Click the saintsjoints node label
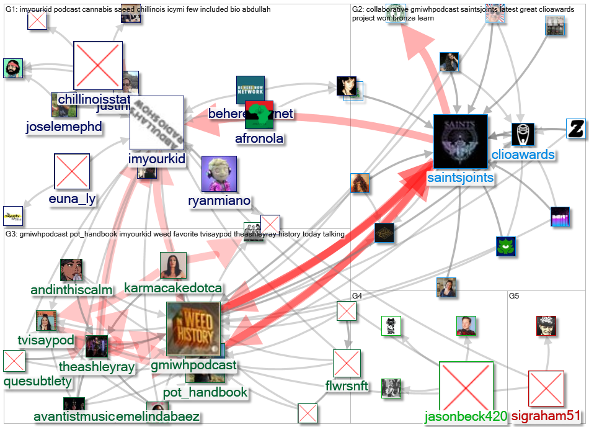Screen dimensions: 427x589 click(x=460, y=178)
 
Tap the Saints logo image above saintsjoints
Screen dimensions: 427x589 click(x=460, y=142)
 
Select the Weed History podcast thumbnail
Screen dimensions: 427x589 click(x=193, y=328)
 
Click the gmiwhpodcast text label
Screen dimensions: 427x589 click(x=193, y=365)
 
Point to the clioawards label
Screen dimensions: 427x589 click(x=523, y=155)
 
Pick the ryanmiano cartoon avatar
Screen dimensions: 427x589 click(x=219, y=173)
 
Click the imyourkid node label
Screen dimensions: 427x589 click(x=156, y=160)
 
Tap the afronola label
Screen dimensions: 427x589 click(x=259, y=138)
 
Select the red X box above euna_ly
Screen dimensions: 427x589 click(x=72, y=171)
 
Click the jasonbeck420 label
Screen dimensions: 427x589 click(x=466, y=416)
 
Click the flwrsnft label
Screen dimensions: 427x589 click(x=346, y=387)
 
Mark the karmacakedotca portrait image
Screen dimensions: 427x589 click(x=173, y=265)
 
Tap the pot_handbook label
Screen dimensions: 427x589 click(x=205, y=392)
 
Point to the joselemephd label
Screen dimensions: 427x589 click(x=64, y=127)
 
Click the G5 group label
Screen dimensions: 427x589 click(x=514, y=296)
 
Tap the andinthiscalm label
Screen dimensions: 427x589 click(x=72, y=290)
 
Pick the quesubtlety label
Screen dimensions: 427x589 click(x=38, y=381)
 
